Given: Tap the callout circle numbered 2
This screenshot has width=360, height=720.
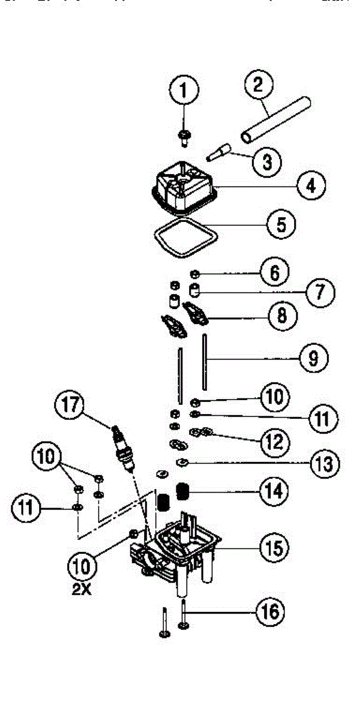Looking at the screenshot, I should (259, 85).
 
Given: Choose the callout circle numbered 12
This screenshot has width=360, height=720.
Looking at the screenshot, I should (272, 441).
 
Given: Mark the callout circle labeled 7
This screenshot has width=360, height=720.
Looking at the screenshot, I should (319, 292).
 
